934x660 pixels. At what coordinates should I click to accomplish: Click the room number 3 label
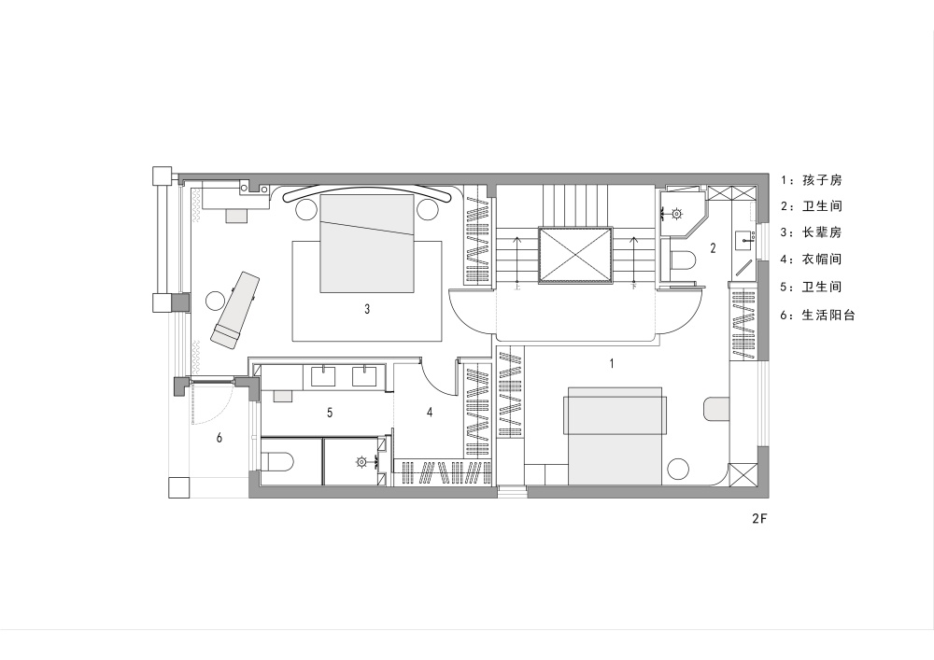click(x=367, y=309)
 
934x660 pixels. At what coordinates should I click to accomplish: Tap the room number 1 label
click(x=611, y=363)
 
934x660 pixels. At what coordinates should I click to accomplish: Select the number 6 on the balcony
click(x=219, y=438)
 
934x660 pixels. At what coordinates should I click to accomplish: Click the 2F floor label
click(x=759, y=518)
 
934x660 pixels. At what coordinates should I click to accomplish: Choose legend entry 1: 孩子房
click(x=812, y=180)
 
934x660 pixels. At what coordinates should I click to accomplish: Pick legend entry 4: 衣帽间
click(x=812, y=259)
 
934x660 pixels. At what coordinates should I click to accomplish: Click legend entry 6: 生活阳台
click(x=818, y=315)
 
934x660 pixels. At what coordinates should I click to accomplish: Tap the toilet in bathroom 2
click(x=683, y=260)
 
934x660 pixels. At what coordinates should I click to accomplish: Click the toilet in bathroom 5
click(x=277, y=461)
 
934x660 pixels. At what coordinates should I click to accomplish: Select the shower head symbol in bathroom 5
click(x=361, y=461)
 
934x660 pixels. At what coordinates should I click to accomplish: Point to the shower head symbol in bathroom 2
click(x=676, y=213)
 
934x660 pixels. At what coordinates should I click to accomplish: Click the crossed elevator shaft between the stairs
click(x=575, y=254)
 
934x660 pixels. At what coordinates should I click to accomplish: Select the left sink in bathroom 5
click(x=323, y=376)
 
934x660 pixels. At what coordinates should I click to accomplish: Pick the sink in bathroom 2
click(x=744, y=241)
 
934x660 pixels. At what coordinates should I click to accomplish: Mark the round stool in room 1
click(x=678, y=469)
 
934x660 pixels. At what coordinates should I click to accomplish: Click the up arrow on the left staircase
click(x=517, y=260)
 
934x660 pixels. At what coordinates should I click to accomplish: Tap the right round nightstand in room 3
click(x=427, y=210)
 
